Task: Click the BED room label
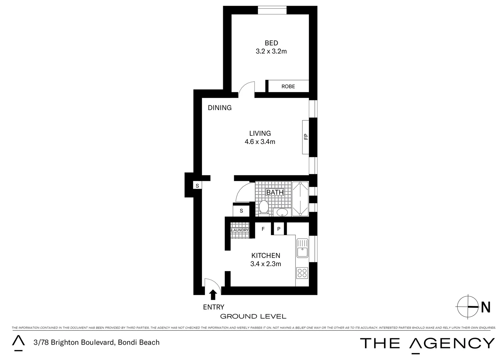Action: click(271, 43)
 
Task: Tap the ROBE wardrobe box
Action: click(288, 86)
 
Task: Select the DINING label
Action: click(220, 108)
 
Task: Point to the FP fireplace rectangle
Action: click(305, 137)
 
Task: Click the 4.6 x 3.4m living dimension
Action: click(260, 142)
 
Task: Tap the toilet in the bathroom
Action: click(264, 207)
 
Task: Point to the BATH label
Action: click(275, 192)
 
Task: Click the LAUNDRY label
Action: click(240, 230)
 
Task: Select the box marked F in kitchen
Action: click(263, 229)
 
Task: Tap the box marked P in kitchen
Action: click(279, 229)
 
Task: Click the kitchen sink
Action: click(302, 249)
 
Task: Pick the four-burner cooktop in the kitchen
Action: click(302, 273)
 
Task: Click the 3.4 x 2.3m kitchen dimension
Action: click(265, 264)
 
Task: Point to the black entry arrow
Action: click(213, 294)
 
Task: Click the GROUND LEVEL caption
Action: click(253, 316)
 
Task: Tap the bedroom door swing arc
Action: click(246, 89)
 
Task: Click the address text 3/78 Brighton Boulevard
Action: click(97, 342)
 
